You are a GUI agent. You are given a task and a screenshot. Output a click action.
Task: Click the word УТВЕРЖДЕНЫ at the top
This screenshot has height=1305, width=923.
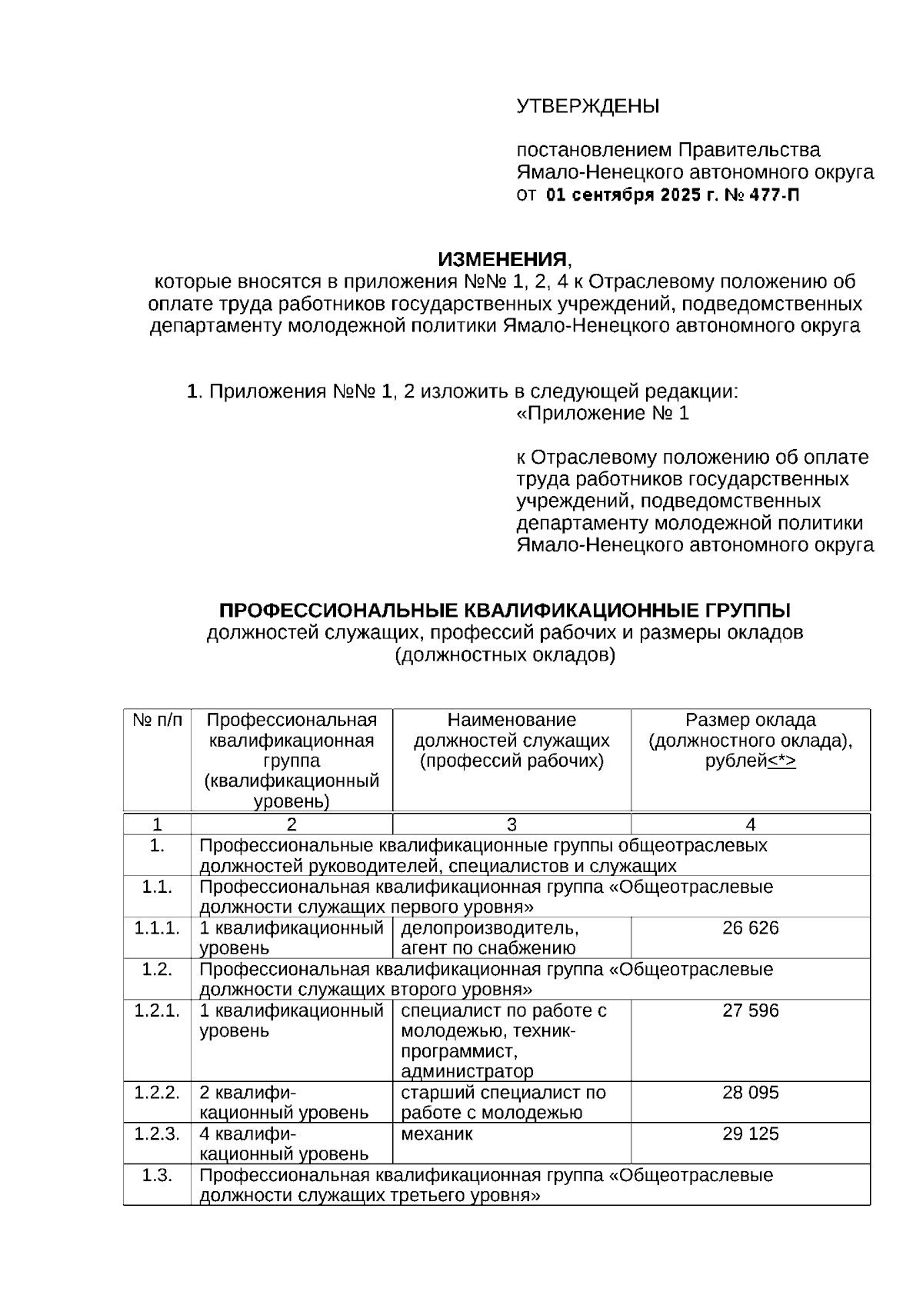[588, 106]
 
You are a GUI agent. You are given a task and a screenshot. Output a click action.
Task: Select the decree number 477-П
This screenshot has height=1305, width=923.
[774, 195]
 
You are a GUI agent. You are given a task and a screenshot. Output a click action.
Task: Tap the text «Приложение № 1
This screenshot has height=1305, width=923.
[602, 414]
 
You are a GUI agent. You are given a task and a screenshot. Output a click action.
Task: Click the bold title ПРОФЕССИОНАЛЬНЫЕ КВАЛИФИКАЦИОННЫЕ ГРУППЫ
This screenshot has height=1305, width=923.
[505, 611]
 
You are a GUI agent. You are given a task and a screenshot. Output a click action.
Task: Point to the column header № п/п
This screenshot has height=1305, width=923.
[158, 721]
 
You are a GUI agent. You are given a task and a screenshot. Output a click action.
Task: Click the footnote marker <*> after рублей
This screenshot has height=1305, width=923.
[782, 761]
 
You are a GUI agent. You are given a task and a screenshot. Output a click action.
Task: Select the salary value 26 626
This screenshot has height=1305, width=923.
[750, 928]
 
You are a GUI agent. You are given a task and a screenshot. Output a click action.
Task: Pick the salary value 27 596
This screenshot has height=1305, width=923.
[750, 1010]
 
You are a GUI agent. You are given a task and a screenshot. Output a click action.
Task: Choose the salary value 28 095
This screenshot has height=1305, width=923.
[750, 1093]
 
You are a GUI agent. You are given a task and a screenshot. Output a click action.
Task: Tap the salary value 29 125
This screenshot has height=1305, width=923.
[750, 1134]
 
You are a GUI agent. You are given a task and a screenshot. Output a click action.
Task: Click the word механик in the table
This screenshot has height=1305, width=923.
[437, 1134]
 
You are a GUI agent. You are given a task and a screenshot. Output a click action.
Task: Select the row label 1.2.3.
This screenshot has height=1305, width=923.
[157, 1134]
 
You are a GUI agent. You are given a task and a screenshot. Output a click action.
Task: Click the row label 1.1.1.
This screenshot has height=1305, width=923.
[157, 928]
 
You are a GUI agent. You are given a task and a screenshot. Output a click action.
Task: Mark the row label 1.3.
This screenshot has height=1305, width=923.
[157, 1176]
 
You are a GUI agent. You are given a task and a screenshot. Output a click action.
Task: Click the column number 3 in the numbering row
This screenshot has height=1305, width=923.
[511, 825]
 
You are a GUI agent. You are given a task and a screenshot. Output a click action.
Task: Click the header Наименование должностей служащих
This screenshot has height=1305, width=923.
[511, 731]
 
